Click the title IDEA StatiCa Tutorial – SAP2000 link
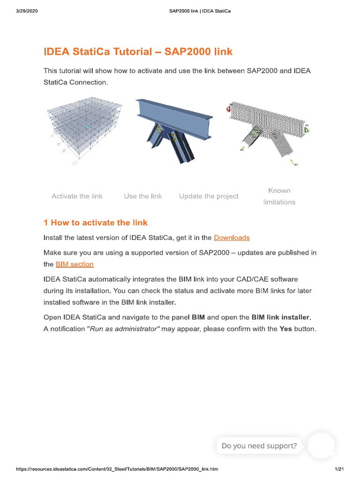pyautogui.click(x=138, y=52)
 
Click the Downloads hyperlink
pyautogui.click(x=232, y=238)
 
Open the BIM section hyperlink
pyautogui.click(x=75, y=264)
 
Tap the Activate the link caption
pyautogui.click(x=77, y=196)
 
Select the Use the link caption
pyautogui.click(x=143, y=196)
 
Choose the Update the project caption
pyautogui.click(x=209, y=196)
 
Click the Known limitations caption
pyautogui.click(x=279, y=196)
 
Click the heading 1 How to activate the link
pyautogui.click(x=96, y=222)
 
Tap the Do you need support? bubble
pyautogui.click(x=259, y=446)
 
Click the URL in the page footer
pyautogui.click(x=117, y=469)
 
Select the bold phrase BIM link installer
pyautogui.click(x=281, y=317)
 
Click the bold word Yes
pyautogui.click(x=285, y=329)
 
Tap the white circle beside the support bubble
pyautogui.click(x=321, y=445)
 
